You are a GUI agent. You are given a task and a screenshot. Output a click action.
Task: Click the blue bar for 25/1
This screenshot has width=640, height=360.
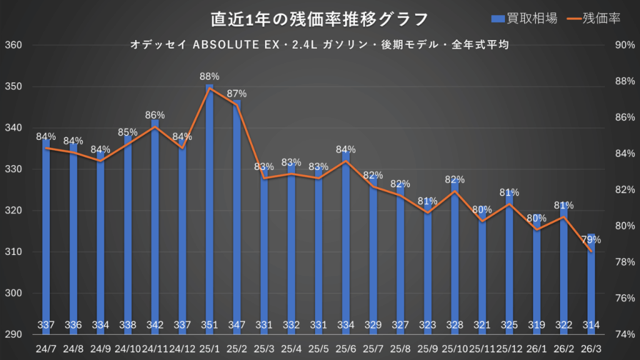pyautogui.click(x=209, y=206)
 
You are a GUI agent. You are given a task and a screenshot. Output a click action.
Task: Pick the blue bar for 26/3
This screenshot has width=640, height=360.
pyautogui.click(x=591, y=281)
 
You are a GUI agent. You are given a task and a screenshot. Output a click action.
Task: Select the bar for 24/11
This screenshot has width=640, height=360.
pyautogui.click(x=155, y=225)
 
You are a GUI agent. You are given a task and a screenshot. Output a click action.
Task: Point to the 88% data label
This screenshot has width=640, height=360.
pyautogui.click(x=209, y=76)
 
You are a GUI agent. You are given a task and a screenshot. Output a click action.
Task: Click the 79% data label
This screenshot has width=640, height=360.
pyautogui.click(x=591, y=239)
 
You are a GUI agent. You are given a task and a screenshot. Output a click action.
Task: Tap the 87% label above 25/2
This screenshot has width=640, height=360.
pyautogui.click(x=237, y=94)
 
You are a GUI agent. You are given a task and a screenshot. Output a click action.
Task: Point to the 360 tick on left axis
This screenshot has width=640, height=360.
pyautogui.click(x=13, y=46)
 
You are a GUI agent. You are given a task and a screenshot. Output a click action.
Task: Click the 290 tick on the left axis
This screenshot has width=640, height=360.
pyautogui.click(x=13, y=335)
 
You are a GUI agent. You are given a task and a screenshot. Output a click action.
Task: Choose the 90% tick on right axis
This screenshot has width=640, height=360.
pyautogui.click(x=625, y=46)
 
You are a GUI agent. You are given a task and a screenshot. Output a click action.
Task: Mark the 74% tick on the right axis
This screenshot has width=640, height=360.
pyautogui.click(x=625, y=334)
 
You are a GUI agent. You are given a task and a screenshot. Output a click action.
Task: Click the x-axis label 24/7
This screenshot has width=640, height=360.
pyautogui.click(x=46, y=347)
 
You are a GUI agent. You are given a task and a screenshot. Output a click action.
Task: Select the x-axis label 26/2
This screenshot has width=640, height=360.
pyautogui.click(x=563, y=347)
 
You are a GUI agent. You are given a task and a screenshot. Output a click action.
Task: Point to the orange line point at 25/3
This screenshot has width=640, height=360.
pyautogui.click(x=264, y=178)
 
